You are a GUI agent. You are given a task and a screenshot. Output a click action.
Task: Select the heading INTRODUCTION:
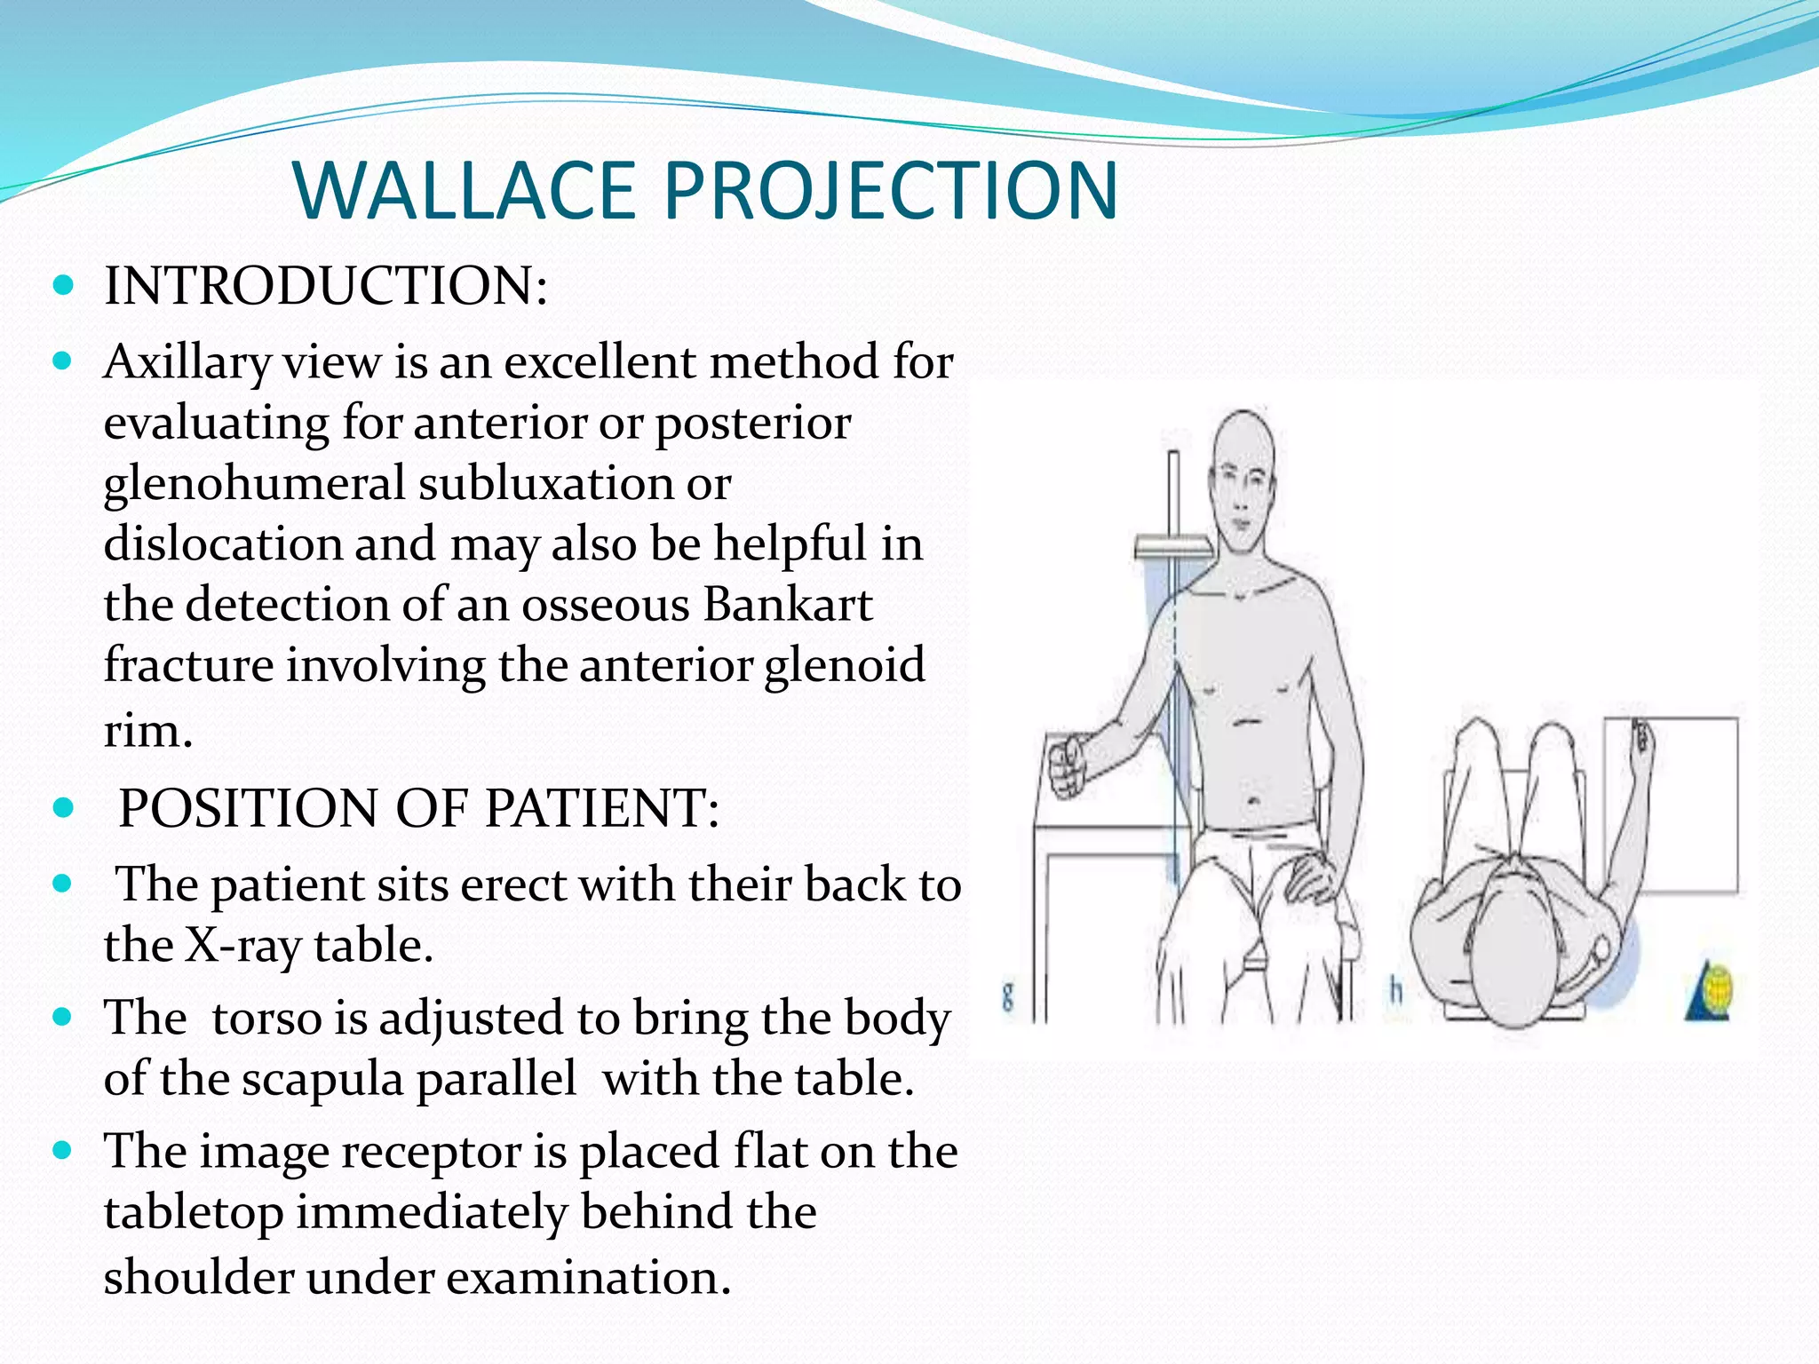click(326, 286)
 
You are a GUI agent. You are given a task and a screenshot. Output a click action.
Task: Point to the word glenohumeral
click(254, 485)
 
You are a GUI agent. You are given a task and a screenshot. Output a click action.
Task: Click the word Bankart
click(788, 606)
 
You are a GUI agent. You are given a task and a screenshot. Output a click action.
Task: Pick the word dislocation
click(223, 544)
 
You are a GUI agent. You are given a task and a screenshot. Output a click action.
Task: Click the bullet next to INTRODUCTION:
click(63, 286)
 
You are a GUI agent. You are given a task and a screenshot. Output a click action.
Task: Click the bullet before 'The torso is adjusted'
click(63, 1018)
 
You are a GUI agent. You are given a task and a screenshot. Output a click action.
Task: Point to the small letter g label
click(1007, 996)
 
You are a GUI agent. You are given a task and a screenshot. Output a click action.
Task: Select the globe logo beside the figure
click(1712, 993)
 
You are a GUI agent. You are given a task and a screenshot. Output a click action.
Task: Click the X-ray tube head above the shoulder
click(1172, 548)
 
